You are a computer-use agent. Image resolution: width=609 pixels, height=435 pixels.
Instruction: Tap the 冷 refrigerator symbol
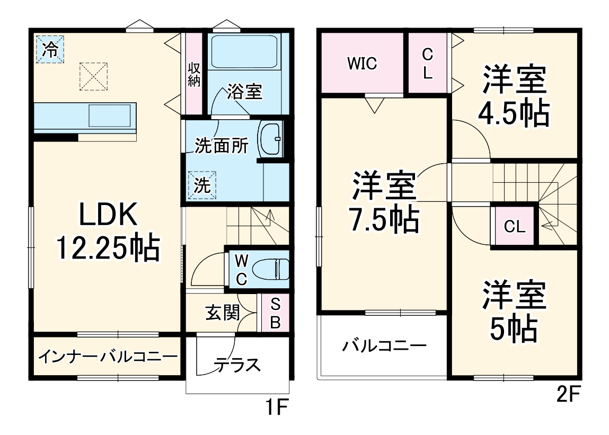50,49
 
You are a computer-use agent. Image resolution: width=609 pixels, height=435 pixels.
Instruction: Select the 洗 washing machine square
201,184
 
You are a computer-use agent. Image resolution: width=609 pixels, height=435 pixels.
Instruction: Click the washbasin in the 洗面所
271,139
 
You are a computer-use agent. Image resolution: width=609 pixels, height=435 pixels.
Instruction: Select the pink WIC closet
362,63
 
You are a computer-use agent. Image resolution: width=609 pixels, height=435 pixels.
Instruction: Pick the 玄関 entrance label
222,313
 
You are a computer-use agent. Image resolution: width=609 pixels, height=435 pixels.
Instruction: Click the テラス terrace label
238,365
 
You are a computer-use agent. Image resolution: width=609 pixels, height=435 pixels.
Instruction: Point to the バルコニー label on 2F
384,347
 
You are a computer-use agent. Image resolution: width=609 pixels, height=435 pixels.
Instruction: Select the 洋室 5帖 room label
513,313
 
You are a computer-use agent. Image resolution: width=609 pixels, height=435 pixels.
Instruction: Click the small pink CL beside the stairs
514,227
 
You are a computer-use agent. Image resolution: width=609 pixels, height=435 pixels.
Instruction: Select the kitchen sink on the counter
109,113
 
